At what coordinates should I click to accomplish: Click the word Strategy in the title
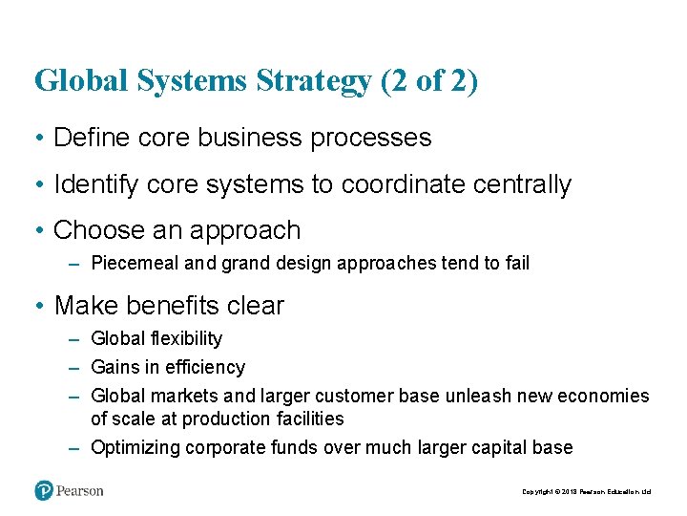[313, 81]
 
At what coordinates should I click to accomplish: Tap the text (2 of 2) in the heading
[429, 81]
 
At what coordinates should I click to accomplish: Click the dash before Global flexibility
[74, 338]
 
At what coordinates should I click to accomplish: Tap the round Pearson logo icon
[44, 491]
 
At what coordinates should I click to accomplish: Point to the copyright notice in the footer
[586, 492]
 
